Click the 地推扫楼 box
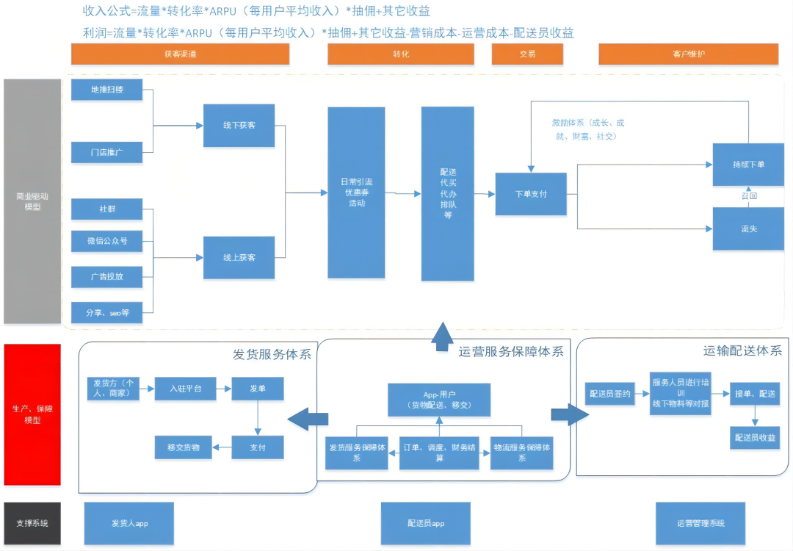[x=107, y=90]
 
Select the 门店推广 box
[x=107, y=152]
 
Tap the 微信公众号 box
[x=107, y=241]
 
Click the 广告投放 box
[x=107, y=277]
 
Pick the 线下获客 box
[x=239, y=126]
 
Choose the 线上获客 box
[x=239, y=258]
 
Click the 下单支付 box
[x=531, y=194]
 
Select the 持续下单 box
[x=747, y=165]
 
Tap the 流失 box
[x=747, y=229]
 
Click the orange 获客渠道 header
[x=180, y=54]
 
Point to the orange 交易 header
[x=527, y=54]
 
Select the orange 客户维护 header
[x=688, y=54]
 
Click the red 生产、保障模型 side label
[x=32, y=414]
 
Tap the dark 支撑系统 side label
[x=32, y=523]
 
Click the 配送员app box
[x=427, y=523]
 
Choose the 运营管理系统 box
[x=700, y=523]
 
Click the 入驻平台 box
[x=185, y=389]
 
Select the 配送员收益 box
[x=754, y=437]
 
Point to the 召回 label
[x=748, y=197]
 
